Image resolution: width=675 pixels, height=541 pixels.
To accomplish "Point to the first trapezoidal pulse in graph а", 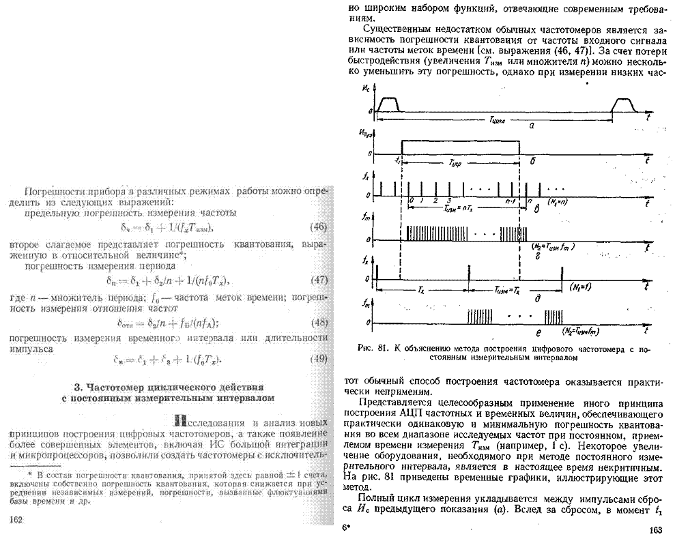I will click(x=388, y=103).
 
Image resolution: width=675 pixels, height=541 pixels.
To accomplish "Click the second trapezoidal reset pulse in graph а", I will click(x=624, y=103).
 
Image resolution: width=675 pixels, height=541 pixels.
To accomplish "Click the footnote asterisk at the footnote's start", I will click(x=30, y=473).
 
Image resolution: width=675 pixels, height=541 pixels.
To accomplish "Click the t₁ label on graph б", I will click(x=397, y=162).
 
